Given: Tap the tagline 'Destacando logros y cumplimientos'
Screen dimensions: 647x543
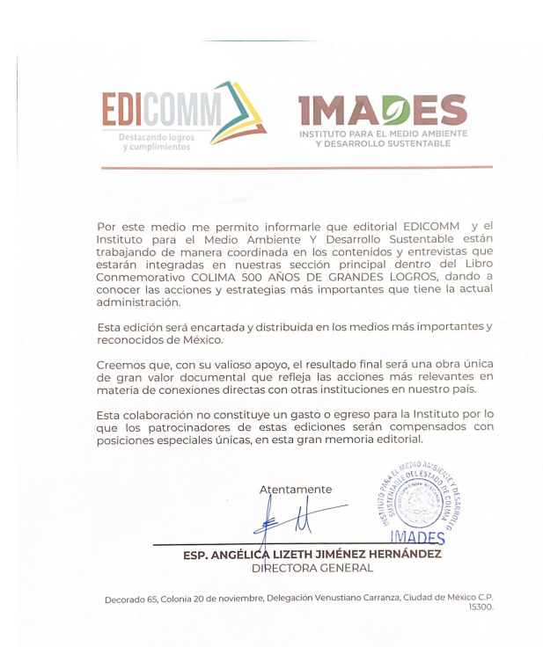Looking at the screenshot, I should pos(145,142).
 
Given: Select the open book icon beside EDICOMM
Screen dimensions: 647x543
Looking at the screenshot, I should pos(236,110).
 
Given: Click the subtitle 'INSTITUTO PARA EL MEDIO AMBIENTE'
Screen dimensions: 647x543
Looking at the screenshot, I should pos(383,133).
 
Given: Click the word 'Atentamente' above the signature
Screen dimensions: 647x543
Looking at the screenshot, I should pos(296,489).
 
